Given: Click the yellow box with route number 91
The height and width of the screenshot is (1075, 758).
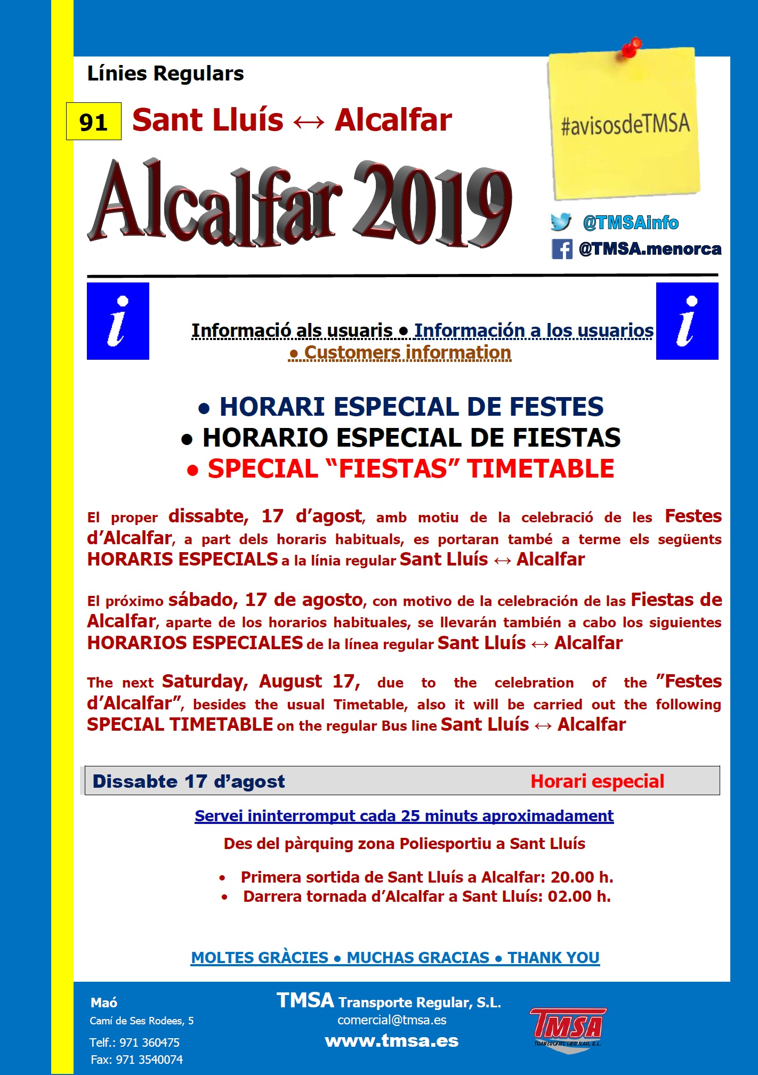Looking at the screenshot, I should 94,122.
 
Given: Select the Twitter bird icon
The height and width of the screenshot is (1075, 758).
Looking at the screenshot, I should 561,222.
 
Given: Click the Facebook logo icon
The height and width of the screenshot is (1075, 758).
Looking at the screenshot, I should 562,249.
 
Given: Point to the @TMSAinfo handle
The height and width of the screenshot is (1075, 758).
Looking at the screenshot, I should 631,223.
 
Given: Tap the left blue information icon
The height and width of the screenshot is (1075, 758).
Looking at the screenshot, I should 118,321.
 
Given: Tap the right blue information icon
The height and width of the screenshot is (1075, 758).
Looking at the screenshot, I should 687,321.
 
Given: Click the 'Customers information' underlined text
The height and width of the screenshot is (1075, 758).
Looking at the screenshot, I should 407,353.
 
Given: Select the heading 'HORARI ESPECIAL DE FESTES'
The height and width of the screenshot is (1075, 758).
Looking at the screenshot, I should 411,407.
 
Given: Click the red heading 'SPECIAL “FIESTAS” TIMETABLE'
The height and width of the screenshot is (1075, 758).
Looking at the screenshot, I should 410,469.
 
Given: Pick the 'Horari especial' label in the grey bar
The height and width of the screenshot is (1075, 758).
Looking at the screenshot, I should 597,781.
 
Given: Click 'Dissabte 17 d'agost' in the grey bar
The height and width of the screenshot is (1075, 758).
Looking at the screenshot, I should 189,781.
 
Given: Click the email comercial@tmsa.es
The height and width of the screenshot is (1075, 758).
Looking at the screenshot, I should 392,1020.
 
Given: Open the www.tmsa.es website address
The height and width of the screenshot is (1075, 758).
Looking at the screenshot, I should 392,1041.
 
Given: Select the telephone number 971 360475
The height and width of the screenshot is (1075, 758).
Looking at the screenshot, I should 149,1042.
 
